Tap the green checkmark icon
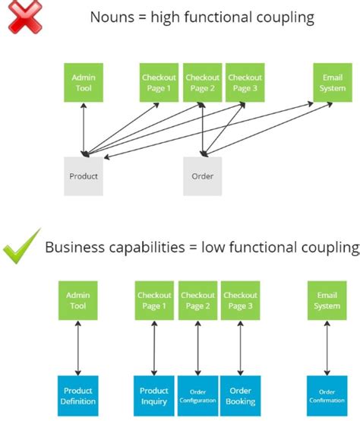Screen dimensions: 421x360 21,250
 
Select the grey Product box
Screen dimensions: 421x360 84,176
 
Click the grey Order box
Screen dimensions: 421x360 202,176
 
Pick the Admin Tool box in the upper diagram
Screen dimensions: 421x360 83,83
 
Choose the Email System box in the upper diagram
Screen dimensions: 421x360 331,83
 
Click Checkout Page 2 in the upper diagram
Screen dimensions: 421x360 202,83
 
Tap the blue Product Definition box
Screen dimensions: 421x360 77,395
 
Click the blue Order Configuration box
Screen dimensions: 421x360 197,395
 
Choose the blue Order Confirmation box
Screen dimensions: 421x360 327,395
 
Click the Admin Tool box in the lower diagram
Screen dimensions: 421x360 77,300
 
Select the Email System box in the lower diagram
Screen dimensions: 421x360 327,300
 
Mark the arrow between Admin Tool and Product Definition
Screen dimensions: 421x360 77,348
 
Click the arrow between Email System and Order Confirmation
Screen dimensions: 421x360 327,348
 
